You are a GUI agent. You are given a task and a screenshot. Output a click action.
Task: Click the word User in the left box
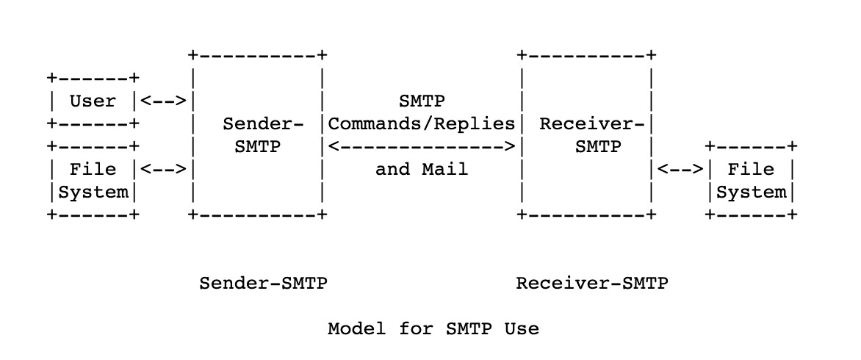93,101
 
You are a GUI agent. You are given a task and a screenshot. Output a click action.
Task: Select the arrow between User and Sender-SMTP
162,101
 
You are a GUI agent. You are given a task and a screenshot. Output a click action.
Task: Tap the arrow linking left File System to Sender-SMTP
162,169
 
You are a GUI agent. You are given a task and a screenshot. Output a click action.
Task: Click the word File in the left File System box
93,169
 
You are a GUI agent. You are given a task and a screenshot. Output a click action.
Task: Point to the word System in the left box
93,192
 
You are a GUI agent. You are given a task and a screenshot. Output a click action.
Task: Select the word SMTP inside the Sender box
257,146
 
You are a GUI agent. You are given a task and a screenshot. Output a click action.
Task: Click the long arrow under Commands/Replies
422,146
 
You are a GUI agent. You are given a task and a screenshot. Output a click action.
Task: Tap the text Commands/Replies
422,123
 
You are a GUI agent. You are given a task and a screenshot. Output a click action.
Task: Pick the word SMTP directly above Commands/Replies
422,101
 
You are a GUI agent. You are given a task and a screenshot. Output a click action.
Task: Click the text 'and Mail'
422,169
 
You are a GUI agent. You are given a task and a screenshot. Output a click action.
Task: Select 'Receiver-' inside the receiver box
592,123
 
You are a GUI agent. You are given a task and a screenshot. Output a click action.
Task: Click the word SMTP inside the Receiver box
598,146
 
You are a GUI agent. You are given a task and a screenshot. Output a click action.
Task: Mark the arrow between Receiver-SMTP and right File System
680,169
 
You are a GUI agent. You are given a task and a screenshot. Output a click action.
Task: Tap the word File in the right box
751,169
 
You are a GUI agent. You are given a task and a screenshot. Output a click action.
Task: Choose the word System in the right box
751,192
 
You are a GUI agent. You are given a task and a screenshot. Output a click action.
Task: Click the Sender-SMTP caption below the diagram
263,283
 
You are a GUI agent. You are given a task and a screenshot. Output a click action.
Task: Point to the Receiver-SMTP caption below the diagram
592,283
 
